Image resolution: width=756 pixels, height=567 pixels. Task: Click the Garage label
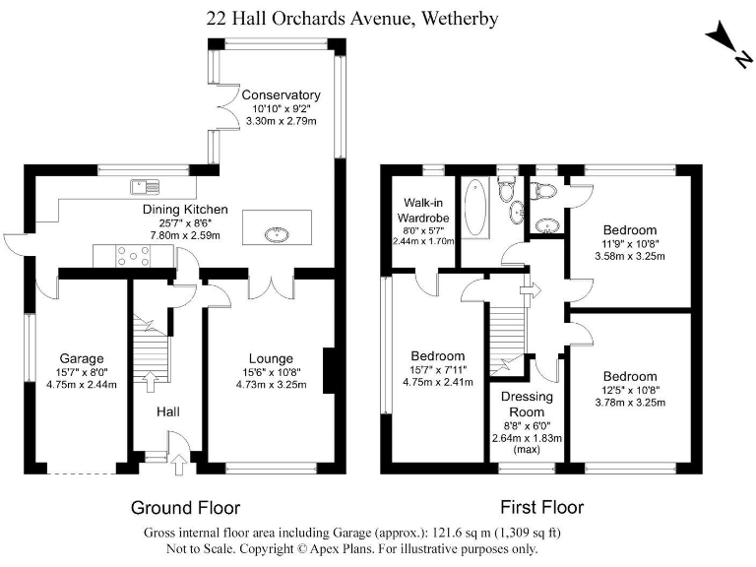pos(82,358)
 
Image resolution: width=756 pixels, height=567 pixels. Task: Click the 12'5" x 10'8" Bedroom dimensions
pos(630,390)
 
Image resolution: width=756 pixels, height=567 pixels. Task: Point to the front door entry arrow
pos(177,463)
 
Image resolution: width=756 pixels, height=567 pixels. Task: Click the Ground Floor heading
pos(185,509)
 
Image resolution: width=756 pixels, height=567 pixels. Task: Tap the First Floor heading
pos(540,509)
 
